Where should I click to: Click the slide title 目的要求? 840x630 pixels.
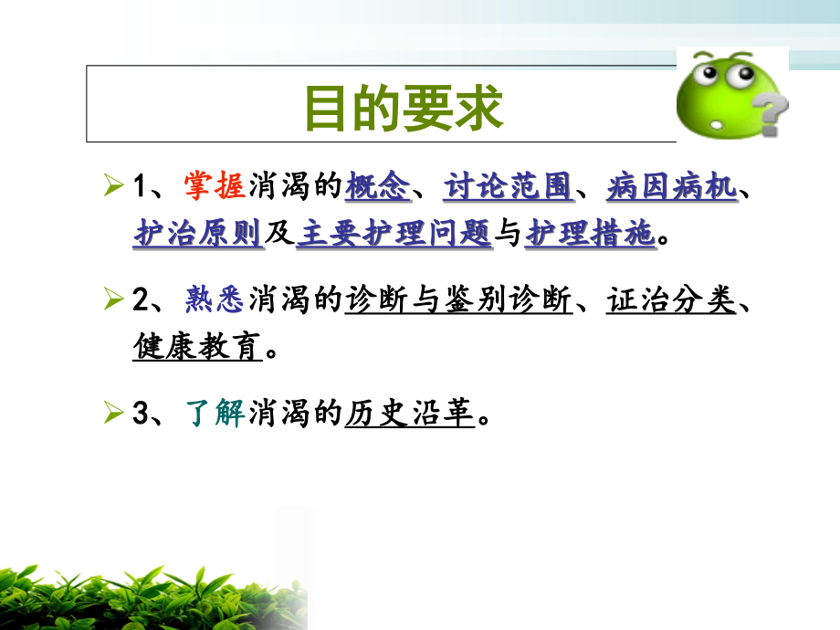coord(403,108)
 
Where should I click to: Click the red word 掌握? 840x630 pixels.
coord(214,186)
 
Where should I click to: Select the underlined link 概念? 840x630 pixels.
coord(377,186)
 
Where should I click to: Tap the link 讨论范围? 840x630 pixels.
coord(508,186)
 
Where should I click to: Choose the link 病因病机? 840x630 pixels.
coord(671,186)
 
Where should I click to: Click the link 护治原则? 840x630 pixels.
coord(198,234)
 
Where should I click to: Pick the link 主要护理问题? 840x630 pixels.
coord(394,234)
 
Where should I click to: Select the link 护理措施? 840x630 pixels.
coord(590,234)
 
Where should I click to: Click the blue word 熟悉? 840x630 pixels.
coord(214,299)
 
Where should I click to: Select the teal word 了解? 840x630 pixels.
coord(214,414)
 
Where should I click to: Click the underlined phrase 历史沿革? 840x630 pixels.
coord(410,414)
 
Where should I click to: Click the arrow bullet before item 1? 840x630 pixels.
coord(113,187)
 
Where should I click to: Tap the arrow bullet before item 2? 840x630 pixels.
coord(113,299)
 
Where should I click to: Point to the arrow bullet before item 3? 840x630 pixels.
coord(113,415)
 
